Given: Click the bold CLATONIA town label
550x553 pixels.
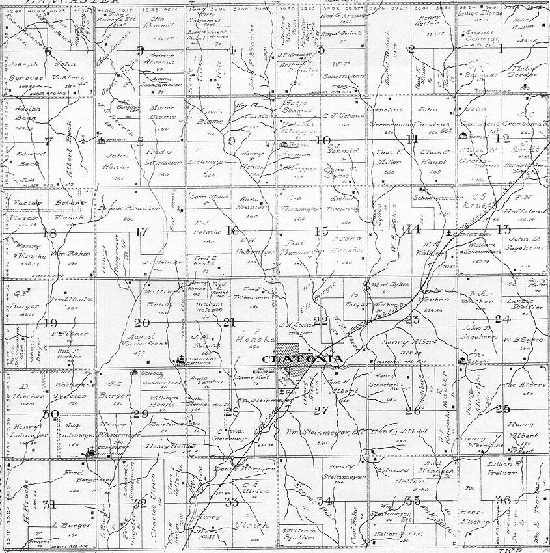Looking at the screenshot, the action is tap(302, 359).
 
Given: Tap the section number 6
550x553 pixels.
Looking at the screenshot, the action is tap(47, 52).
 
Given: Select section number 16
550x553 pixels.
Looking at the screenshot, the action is tap(232, 230).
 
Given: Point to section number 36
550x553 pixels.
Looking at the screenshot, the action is tap(502, 500).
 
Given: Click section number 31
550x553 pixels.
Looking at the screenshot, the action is tap(48, 504).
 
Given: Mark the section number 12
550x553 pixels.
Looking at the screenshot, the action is tap(502, 139).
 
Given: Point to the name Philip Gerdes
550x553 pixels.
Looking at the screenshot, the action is tap(523, 70).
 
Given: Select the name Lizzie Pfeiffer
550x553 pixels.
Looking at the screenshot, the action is tap(528, 305).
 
